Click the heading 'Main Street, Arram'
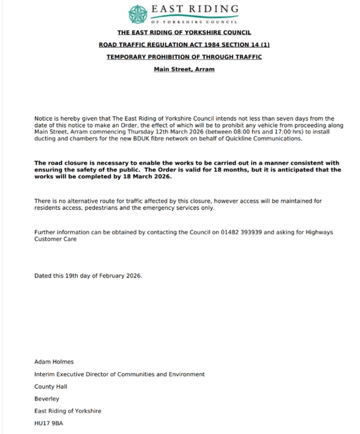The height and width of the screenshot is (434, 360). click(184, 69)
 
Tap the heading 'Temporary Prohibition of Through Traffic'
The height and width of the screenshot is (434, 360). click(184, 57)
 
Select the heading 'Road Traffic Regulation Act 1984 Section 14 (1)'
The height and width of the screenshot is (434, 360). click(184, 45)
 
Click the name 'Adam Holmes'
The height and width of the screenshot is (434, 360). click(54, 362)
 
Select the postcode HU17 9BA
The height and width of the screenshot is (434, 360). click(49, 423)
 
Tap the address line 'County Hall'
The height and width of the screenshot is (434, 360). click(50, 387)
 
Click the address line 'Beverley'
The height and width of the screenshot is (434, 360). click(47, 399)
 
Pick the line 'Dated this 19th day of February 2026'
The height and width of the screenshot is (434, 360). click(88, 275)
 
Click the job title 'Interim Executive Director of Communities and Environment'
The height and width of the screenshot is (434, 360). click(120, 374)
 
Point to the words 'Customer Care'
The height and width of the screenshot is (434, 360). click(56, 239)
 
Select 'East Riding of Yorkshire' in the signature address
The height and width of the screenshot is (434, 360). click(68, 411)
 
